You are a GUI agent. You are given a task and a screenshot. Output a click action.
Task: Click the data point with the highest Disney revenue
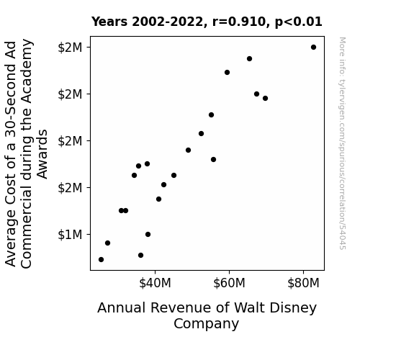pyautogui.click(x=313, y=48)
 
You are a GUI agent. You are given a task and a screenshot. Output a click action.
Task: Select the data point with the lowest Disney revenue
pyautogui.click(x=101, y=260)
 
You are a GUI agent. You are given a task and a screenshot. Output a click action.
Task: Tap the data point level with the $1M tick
pyautogui.click(x=148, y=234)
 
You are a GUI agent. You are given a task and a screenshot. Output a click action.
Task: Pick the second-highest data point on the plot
pyautogui.click(x=250, y=58)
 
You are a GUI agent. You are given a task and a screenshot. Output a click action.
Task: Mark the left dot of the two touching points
pyautogui.click(x=121, y=210)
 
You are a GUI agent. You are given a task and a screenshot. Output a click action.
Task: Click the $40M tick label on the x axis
pyautogui.click(x=155, y=283)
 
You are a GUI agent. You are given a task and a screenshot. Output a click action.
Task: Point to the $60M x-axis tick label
pyautogui.click(x=229, y=283)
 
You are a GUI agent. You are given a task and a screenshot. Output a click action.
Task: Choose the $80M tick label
pyautogui.click(x=303, y=283)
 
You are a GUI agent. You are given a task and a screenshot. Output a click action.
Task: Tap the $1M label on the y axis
pyautogui.click(x=70, y=235)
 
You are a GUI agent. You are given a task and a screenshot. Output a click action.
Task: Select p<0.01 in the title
pyautogui.click(x=299, y=22)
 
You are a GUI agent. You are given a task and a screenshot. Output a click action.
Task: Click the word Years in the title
pyautogui.click(x=109, y=22)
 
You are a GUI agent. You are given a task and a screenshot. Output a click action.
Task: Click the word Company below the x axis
pyautogui.click(x=206, y=324)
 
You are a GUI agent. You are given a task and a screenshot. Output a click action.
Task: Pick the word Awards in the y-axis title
pyautogui.click(x=42, y=154)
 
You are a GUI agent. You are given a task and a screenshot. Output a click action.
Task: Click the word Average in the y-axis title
pyautogui.click(x=11, y=238)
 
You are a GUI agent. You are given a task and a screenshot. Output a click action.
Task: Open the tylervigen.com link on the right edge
pyautogui.click(x=343, y=143)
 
